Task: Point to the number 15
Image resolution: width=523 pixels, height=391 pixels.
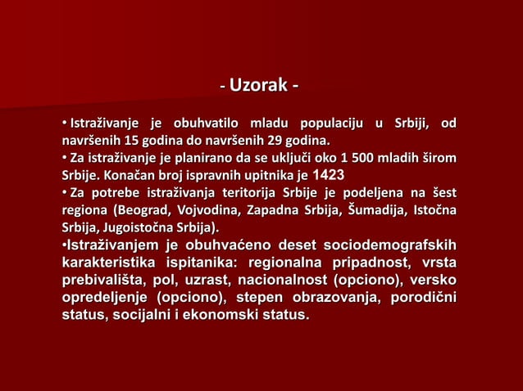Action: click(128, 141)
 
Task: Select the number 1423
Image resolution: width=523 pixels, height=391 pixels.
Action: click(329, 175)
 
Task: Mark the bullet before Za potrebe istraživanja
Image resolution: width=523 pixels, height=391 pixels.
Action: click(61, 193)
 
